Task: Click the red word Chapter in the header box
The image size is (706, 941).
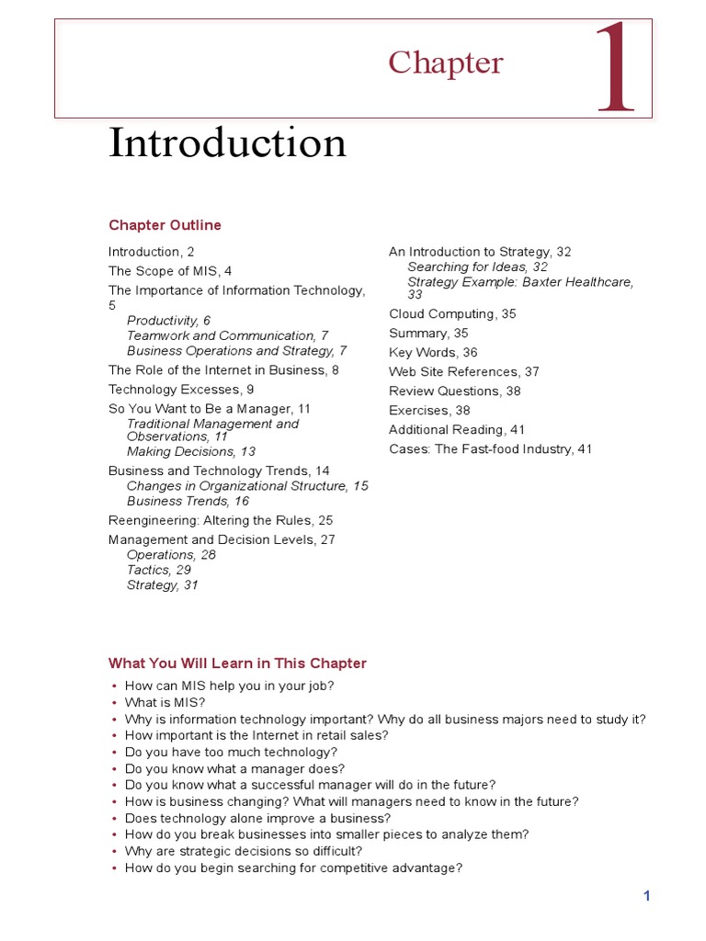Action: tap(445, 62)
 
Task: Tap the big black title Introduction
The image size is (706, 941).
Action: tap(227, 143)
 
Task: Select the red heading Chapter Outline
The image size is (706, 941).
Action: tap(165, 225)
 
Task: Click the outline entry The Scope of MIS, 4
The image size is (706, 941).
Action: tap(170, 271)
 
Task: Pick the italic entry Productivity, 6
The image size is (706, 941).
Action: tap(168, 321)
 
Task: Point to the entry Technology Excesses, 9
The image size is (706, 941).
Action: tap(181, 390)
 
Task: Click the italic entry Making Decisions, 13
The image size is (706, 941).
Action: tap(191, 452)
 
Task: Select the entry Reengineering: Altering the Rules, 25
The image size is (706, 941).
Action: tap(221, 520)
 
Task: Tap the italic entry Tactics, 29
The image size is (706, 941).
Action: tap(159, 571)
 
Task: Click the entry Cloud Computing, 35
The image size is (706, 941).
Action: tap(452, 314)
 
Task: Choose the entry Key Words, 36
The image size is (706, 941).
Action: tap(433, 353)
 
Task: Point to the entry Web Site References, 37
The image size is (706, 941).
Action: tap(463, 372)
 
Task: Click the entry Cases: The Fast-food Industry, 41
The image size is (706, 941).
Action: tap(490, 449)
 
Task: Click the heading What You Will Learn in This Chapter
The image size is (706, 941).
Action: tap(237, 663)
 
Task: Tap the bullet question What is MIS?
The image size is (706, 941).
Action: tap(165, 703)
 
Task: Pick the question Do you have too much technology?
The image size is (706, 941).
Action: tap(232, 753)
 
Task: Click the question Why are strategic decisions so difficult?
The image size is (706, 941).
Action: tap(244, 852)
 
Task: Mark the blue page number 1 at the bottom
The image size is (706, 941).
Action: tap(647, 896)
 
